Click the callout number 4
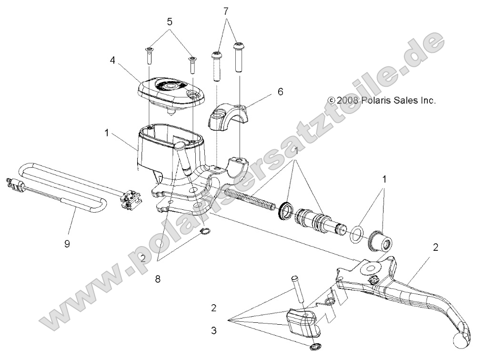pyautogui.click(x=112, y=61)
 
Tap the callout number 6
pyautogui.click(x=280, y=92)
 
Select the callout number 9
pyautogui.click(x=67, y=243)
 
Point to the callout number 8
pyautogui.click(x=158, y=279)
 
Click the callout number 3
pyautogui.click(x=213, y=329)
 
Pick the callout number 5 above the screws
pyautogui.click(x=169, y=21)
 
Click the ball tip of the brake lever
pyautogui.click(x=461, y=339)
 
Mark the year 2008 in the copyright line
pyautogui.click(x=349, y=101)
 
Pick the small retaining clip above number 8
pyautogui.click(x=206, y=232)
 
